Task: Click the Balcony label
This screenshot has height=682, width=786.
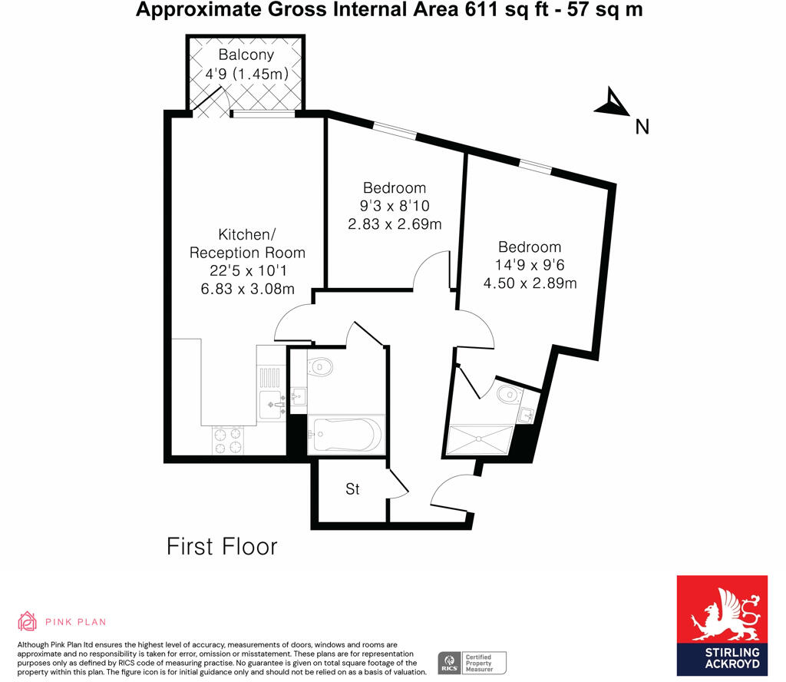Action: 246,55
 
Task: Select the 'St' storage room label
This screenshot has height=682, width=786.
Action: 352,488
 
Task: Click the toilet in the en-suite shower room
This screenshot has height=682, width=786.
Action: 508,395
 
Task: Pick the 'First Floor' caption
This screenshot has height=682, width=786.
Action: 222,547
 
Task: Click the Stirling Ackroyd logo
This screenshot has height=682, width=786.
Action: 722,625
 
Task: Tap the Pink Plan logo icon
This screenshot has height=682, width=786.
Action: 28,621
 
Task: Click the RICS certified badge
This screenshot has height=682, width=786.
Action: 473,661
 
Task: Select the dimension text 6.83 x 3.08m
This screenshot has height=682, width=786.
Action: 247,288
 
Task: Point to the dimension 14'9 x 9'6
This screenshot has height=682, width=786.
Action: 530,265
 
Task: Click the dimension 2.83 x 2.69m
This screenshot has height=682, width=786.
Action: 395,224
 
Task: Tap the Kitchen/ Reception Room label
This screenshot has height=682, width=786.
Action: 247,243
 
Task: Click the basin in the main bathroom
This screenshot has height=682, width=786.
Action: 299,397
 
